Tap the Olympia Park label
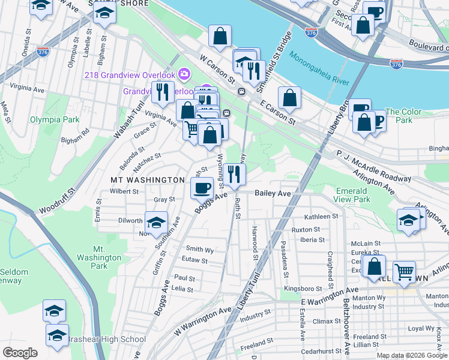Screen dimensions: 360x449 point(55,119)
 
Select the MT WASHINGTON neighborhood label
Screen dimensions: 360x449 point(147,179)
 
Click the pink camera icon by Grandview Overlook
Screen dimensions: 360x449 point(184,74)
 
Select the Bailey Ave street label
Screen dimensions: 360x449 point(273,193)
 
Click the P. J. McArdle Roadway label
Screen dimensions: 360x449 point(373,166)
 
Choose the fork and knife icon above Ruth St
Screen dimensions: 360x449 point(235,173)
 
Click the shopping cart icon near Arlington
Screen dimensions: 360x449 point(405,271)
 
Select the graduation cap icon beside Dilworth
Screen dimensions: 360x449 point(156,222)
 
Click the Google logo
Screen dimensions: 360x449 point(20,352)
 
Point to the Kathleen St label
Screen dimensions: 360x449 point(321,217)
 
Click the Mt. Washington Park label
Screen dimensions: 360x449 point(100,257)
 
